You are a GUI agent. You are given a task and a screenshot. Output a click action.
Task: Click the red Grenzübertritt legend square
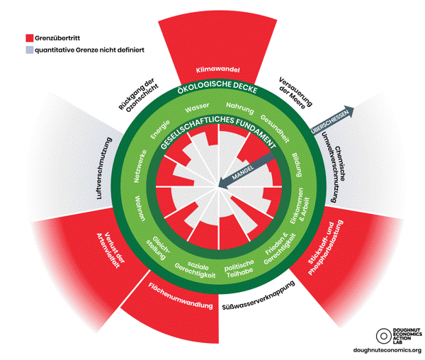point(30,38)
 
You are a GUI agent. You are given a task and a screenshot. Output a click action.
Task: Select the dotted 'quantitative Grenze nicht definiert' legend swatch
point(30,50)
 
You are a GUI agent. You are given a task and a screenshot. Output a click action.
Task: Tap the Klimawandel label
point(218,69)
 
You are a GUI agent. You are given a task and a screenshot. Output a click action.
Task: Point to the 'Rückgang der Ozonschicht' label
point(138,95)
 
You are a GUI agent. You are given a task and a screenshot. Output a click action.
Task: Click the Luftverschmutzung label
point(104,169)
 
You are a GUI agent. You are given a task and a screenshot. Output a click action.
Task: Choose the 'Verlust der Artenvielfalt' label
point(111,250)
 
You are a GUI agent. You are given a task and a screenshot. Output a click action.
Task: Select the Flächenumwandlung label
point(180,296)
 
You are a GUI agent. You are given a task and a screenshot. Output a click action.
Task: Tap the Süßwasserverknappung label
point(259,296)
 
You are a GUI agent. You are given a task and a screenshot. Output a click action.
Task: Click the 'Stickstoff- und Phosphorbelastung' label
point(326,247)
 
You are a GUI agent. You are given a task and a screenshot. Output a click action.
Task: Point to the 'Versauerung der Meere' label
point(295,93)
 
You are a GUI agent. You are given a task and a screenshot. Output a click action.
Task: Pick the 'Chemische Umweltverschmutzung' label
point(334,167)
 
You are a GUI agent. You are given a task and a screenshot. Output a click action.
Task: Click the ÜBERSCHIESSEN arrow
point(332,120)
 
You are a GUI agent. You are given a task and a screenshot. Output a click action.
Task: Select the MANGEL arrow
point(246,169)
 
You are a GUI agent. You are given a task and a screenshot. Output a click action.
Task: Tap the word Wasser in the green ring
point(197,108)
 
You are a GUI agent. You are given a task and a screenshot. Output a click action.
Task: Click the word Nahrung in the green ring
point(240,108)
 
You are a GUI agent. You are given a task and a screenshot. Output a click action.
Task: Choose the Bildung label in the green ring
point(297,165)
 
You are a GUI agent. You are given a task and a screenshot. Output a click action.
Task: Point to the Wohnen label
point(140,208)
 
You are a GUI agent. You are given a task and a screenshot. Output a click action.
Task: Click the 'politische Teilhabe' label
point(239,269)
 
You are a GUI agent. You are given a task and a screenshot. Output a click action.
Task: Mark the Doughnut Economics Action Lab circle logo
point(383,336)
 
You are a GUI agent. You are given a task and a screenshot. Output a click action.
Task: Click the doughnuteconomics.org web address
point(387,350)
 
